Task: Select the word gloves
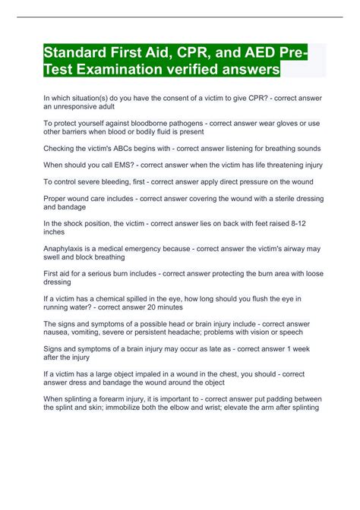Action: click(270, 123)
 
